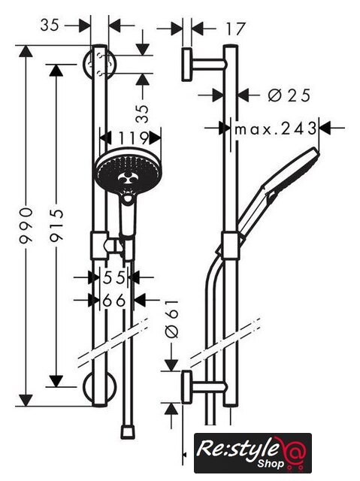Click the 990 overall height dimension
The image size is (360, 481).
(x=26, y=225)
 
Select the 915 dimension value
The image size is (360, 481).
(x=56, y=225)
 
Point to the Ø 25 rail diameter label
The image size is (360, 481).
(x=289, y=95)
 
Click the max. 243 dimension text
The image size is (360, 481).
(x=275, y=129)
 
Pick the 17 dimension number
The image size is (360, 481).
(x=235, y=29)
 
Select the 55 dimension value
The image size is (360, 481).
(x=114, y=277)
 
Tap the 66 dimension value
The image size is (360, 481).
(x=114, y=301)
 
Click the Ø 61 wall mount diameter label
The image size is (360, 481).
(x=171, y=319)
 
